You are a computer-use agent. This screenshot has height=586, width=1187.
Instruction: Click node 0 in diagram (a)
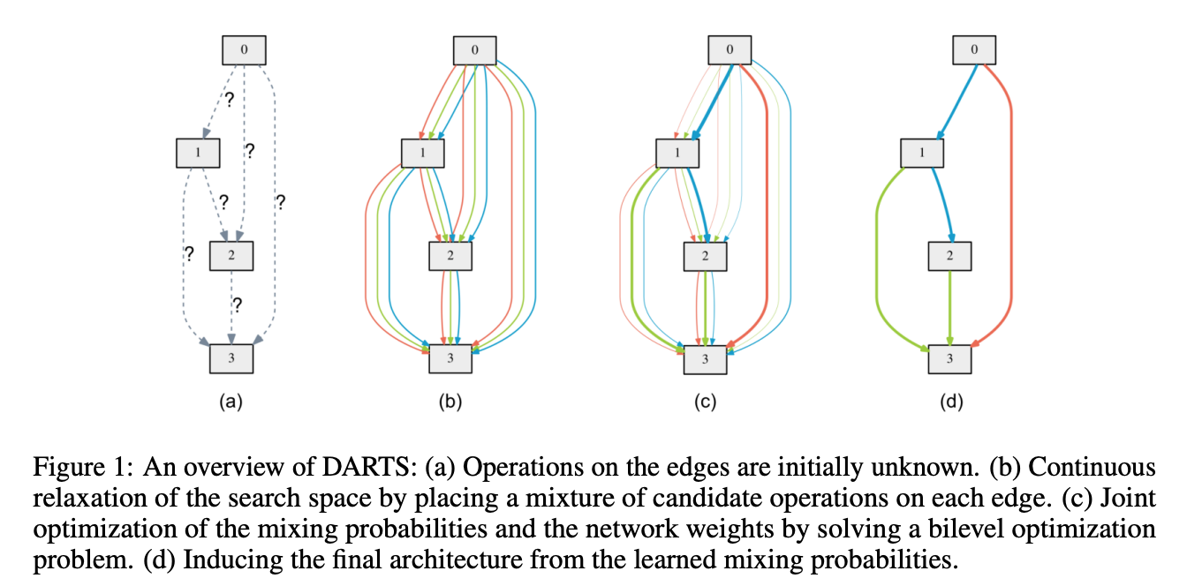244,50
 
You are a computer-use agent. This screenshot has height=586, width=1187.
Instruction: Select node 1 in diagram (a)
198,154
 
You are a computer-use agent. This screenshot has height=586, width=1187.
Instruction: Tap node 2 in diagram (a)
231,256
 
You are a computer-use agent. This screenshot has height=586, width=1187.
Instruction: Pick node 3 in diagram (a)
231,358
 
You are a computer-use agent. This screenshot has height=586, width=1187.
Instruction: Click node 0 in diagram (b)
475,50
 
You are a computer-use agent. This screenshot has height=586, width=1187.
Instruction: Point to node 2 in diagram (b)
450,256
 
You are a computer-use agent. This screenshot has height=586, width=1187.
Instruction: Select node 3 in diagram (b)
450,359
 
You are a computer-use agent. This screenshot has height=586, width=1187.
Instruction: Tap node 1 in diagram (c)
677,154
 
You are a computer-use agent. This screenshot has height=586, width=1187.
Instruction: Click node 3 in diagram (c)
705,359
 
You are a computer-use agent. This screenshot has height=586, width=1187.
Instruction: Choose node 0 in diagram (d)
974,50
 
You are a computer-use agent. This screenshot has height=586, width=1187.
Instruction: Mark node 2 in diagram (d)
949,256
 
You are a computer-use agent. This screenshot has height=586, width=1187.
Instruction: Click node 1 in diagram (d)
922,154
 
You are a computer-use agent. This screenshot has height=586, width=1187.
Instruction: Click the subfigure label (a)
231,402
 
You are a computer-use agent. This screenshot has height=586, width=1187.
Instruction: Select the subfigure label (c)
705,402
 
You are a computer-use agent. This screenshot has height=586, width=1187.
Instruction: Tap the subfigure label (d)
950,402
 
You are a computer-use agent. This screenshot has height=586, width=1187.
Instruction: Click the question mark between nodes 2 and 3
237,304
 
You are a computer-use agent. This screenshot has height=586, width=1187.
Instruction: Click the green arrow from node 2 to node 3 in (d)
949,307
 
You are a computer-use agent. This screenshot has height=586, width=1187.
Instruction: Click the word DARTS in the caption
295,466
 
